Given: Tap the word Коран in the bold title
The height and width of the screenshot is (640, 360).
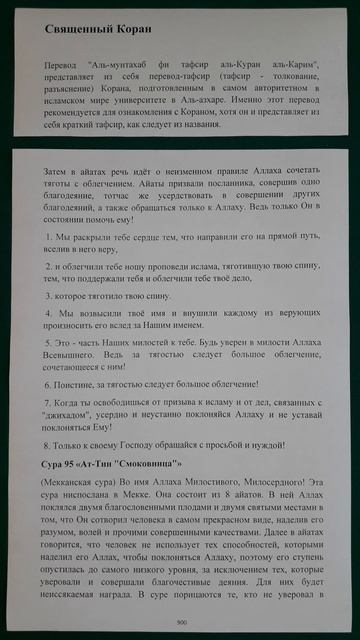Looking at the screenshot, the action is (141, 31).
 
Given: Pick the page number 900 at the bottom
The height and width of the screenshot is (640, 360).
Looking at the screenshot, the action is (180, 620).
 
